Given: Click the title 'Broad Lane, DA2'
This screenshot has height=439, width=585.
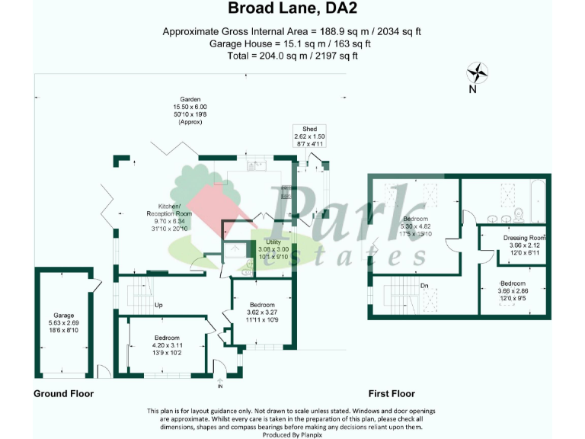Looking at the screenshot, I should coord(292,9).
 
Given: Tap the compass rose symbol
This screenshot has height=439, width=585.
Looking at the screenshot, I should coord(478,73).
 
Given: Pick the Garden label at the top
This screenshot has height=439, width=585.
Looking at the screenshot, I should coord(190,100).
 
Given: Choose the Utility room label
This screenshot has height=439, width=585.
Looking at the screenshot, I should coord(273,242).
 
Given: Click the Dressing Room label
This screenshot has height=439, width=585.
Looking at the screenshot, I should coord(525,238).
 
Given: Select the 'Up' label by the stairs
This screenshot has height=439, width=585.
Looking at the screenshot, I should coord(158,305).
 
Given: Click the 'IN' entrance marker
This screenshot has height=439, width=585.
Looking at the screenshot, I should coord(221,386).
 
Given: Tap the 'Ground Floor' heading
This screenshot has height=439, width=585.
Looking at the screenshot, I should coord(63,394).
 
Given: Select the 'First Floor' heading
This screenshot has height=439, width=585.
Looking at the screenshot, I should coord(392,394).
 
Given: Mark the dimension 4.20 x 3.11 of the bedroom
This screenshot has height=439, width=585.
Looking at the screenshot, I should coord(168,345).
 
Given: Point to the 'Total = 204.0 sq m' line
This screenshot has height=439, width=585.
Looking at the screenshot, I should coord(292,56).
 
